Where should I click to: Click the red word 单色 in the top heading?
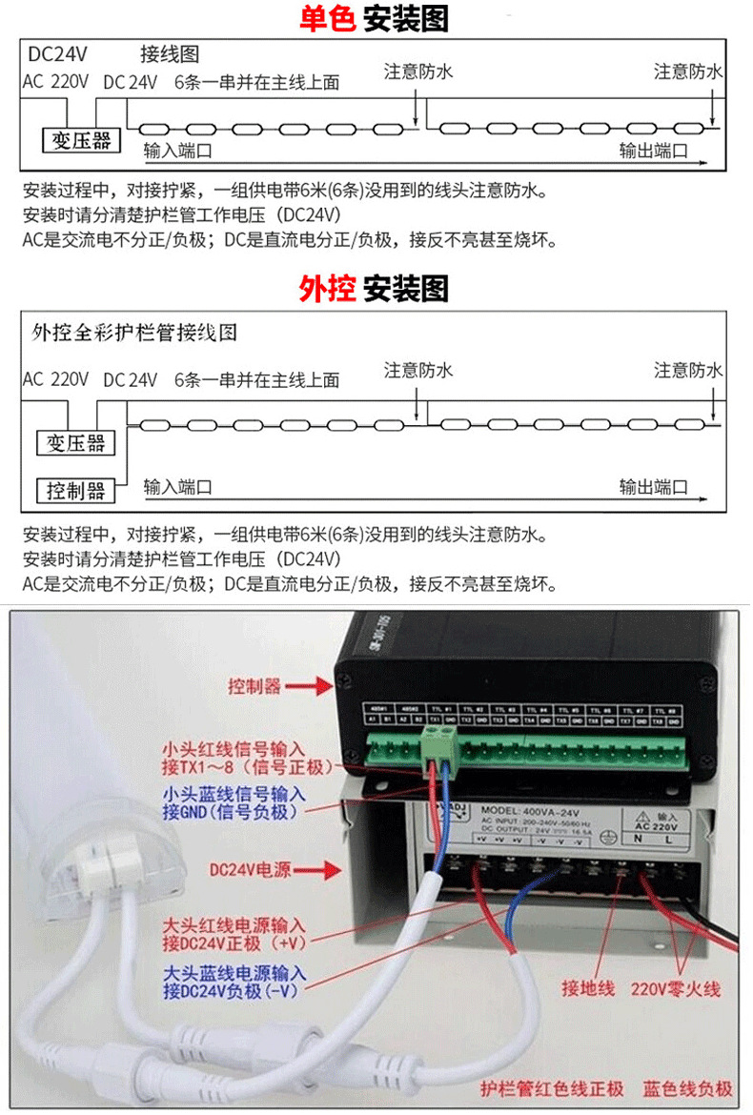327,18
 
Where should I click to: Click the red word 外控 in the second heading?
327,288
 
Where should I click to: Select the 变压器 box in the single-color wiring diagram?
81,141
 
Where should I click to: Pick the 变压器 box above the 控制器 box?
75,443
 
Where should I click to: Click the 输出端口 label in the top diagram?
653,151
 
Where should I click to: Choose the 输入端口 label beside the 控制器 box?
177,488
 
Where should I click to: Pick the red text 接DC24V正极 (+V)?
234,943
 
